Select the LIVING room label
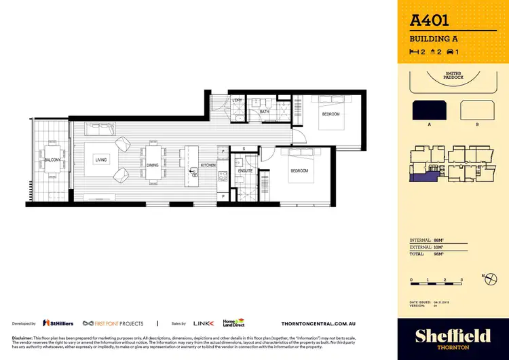pos(101,160)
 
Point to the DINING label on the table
pos(153,164)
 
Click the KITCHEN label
pos(208,165)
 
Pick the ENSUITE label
pos(246,170)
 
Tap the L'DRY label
pos(238,101)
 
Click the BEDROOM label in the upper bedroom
pos(331,114)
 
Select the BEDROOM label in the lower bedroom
pos(299,170)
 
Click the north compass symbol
pos(487,276)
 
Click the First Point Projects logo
pos(112,323)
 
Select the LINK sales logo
pos(204,323)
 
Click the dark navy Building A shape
pos(429,111)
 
